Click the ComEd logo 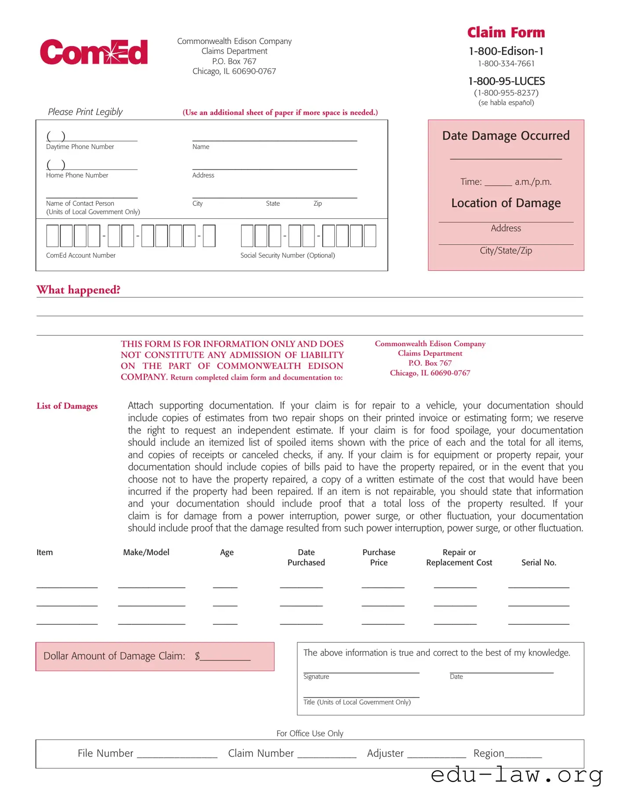click(x=94, y=52)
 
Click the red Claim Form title click(x=506, y=33)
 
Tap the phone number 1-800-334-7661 click(x=506, y=64)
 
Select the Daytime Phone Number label click(x=80, y=147)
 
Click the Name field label click(x=201, y=147)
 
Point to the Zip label click(x=318, y=203)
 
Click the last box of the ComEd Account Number click(x=209, y=236)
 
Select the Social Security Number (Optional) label click(x=287, y=255)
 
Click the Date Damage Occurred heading click(x=506, y=136)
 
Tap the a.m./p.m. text click(x=533, y=182)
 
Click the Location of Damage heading click(x=506, y=203)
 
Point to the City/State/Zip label click(x=506, y=250)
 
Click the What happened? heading click(x=78, y=290)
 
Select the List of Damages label click(x=67, y=406)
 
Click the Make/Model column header click(x=146, y=552)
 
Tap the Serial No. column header click(x=539, y=562)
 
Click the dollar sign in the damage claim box click(x=197, y=656)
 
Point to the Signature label click(x=316, y=677)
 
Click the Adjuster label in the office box click(x=385, y=753)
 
